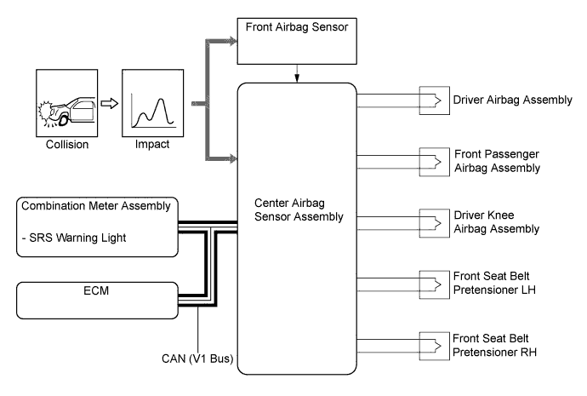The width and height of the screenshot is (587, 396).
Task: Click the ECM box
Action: coord(95,300)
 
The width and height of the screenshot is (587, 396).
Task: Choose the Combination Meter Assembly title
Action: coord(95,205)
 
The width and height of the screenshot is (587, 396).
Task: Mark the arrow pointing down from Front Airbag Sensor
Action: coord(296,76)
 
